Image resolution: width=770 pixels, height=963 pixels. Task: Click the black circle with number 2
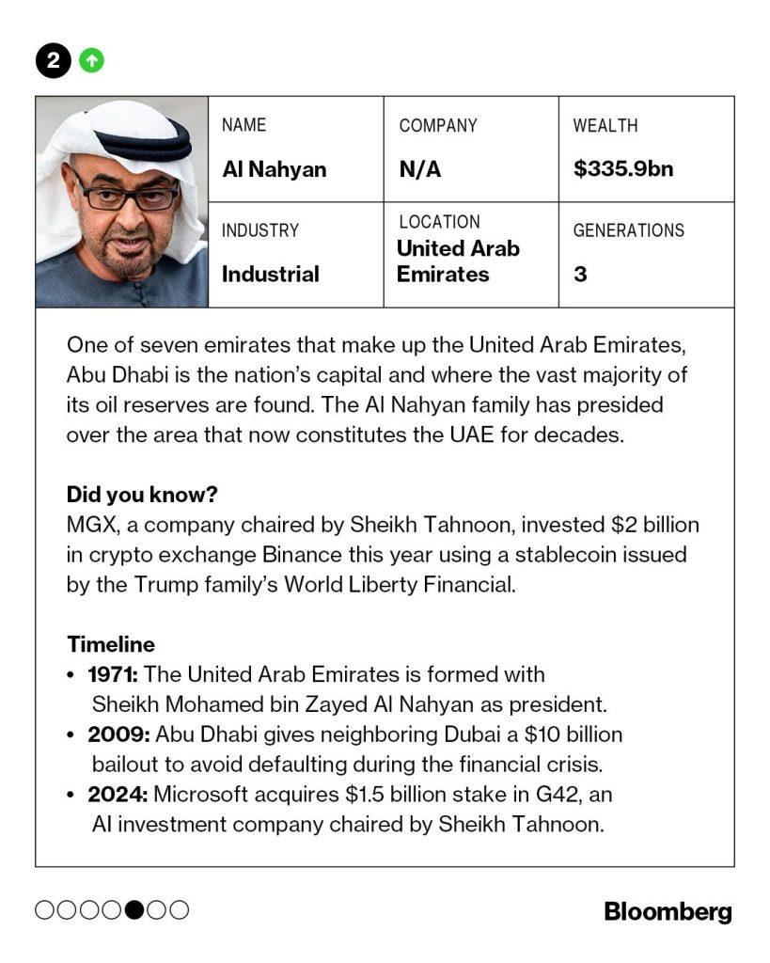(x=54, y=61)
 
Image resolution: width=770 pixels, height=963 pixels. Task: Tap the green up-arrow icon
(x=91, y=61)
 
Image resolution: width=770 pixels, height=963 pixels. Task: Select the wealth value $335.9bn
(x=623, y=169)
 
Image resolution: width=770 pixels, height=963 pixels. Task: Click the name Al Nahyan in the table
(x=275, y=169)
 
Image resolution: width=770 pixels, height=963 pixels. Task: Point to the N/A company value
(x=419, y=169)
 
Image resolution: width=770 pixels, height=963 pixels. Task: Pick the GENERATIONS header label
(x=629, y=230)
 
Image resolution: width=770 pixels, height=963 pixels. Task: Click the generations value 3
(x=580, y=275)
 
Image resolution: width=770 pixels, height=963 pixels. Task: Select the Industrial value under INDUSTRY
(x=271, y=275)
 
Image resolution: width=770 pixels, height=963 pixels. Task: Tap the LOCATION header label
(x=439, y=222)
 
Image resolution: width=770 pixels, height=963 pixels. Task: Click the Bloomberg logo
(x=668, y=910)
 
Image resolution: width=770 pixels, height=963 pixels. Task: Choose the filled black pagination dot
(x=135, y=909)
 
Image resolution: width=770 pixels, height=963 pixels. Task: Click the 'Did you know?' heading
(x=142, y=495)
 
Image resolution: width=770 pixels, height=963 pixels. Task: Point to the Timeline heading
(x=111, y=644)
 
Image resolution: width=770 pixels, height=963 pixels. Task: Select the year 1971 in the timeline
(x=113, y=674)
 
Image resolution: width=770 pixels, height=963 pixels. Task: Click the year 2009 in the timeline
(x=115, y=734)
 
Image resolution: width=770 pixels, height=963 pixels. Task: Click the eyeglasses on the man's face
(x=128, y=196)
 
